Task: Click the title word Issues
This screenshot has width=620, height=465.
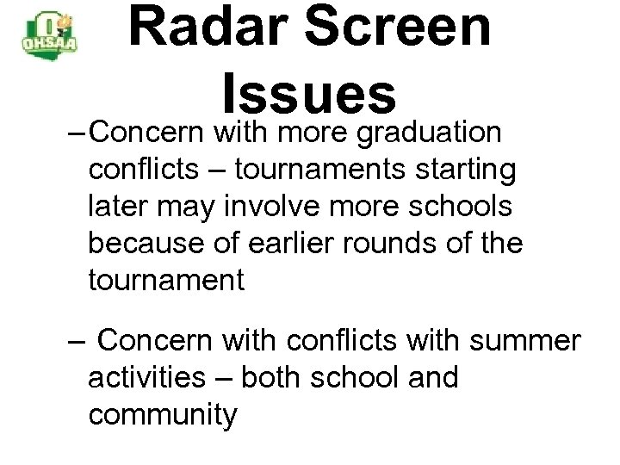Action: tap(308, 92)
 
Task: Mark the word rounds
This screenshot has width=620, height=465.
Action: tap(387, 245)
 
